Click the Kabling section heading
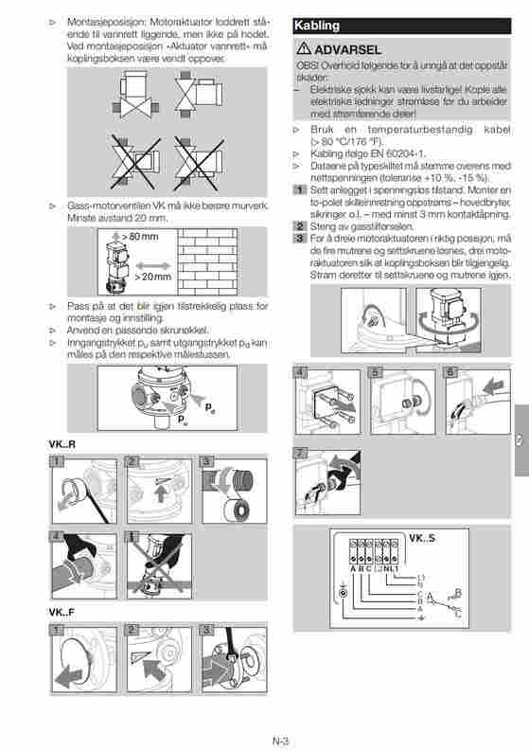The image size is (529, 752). (318, 27)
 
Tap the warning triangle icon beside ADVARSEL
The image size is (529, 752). (304, 48)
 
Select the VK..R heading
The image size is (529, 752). (62, 444)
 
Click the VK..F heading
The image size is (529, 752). (62, 612)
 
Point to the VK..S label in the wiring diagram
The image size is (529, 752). (422, 540)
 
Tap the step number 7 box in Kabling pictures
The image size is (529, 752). (301, 453)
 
